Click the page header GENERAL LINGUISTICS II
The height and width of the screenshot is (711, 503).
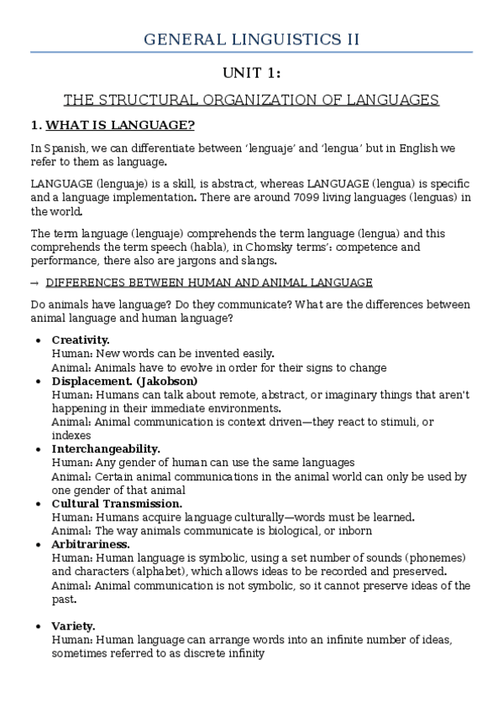(x=251, y=39)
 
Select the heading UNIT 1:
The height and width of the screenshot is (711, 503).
(x=251, y=74)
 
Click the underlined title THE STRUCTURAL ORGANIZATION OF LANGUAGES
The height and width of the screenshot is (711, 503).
(x=251, y=100)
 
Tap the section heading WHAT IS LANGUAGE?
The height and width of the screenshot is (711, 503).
(x=120, y=126)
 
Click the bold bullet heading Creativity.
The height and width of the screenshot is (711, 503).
(x=81, y=340)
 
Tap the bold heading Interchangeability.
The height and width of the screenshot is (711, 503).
(x=106, y=449)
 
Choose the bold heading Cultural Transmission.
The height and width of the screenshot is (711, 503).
(x=117, y=503)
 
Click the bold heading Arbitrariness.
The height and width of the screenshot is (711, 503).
(x=91, y=544)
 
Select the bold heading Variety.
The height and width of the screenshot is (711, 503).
(x=73, y=626)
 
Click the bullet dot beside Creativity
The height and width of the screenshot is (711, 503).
(x=39, y=340)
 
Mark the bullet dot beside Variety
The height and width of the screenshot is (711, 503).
(x=39, y=627)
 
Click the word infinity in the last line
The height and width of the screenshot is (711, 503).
(x=244, y=653)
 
